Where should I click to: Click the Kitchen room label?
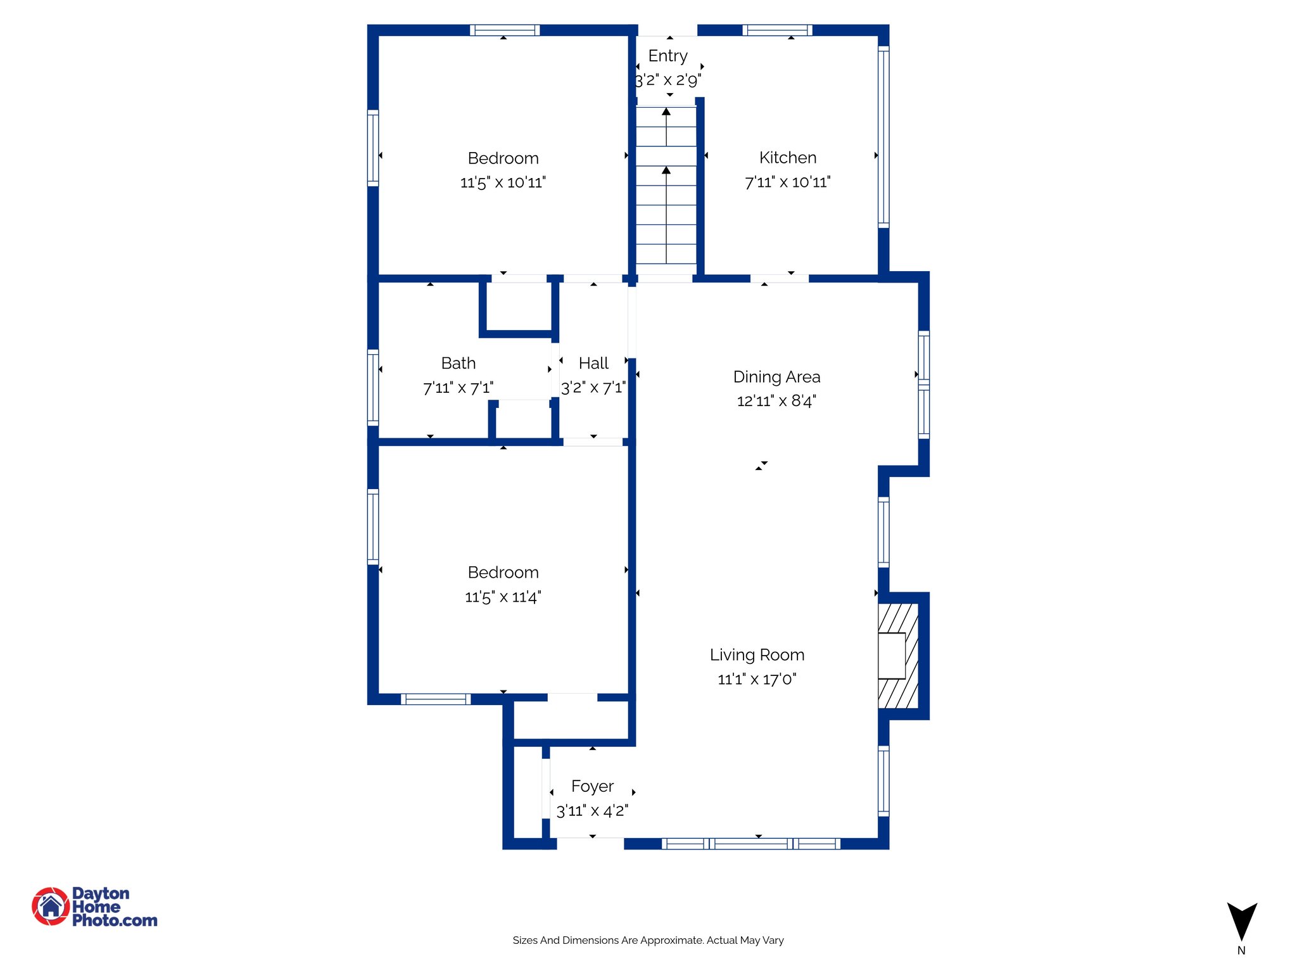pos(787,158)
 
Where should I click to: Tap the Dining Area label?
pos(776,377)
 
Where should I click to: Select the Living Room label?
pos(757,655)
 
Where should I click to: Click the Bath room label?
pos(458,364)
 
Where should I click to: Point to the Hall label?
pos(593,364)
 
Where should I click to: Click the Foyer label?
pos(592,786)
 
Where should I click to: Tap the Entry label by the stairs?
pos(667,56)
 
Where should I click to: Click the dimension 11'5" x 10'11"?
pos(503,182)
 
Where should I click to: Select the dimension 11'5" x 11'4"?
pos(503,597)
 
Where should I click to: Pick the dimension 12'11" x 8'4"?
pos(776,401)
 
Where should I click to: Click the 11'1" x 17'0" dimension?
pos(757,679)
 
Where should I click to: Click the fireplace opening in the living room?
pos(892,656)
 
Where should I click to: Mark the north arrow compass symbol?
pos(1241,922)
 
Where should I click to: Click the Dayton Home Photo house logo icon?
pos(51,906)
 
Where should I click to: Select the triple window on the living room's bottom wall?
pos(751,843)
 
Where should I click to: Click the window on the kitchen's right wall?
pos(883,136)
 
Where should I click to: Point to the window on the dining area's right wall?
pos(924,385)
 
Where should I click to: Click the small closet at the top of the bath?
pos(518,306)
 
